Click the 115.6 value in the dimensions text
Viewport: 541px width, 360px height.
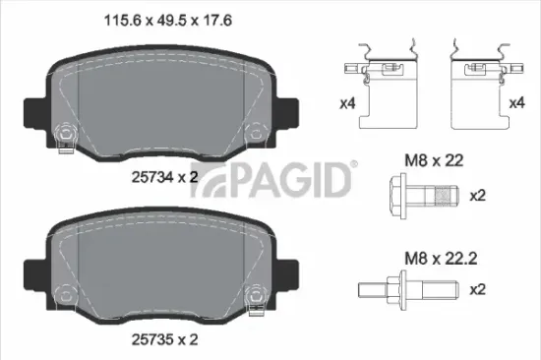[x=123, y=17]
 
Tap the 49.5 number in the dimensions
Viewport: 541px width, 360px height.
[x=171, y=17]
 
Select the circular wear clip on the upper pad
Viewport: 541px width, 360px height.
[x=66, y=132]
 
